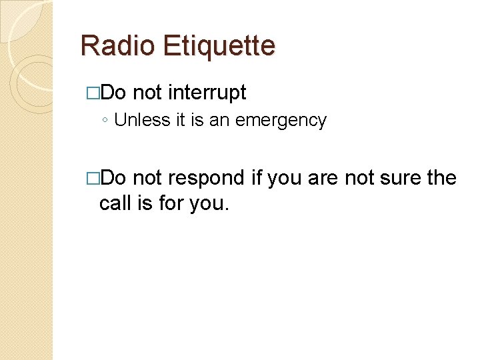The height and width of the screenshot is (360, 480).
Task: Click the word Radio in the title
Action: (x=117, y=46)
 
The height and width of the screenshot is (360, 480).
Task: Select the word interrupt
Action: (x=207, y=93)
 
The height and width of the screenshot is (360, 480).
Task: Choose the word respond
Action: (x=207, y=178)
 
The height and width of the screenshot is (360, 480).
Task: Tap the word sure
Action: (x=404, y=179)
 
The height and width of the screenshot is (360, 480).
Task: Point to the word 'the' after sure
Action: (x=442, y=178)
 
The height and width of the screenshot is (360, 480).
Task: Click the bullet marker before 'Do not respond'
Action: (x=93, y=179)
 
